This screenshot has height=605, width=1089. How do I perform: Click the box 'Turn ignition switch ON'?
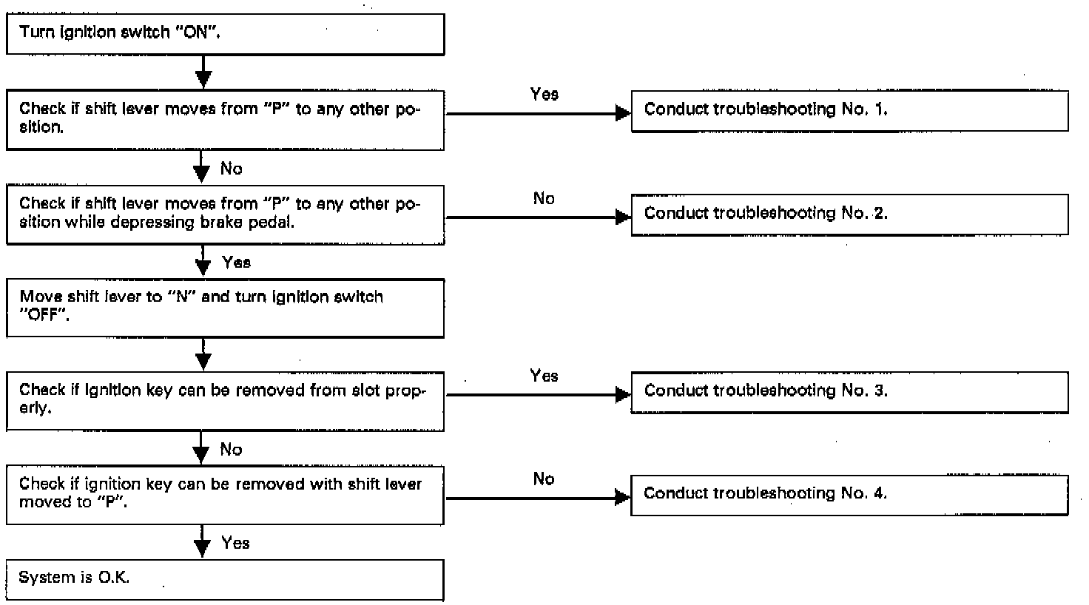click(225, 34)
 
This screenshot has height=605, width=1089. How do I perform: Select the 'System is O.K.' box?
click(225, 580)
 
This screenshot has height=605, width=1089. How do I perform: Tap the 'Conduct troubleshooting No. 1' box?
click(850, 111)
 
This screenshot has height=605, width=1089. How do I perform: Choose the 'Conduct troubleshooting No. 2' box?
click(850, 214)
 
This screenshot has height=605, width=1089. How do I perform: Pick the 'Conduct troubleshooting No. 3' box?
click(850, 393)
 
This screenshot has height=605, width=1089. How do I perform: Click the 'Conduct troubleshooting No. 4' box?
click(849, 496)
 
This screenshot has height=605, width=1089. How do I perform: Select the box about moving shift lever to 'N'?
click(225, 308)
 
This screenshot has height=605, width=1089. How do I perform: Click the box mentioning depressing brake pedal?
click(225, 214)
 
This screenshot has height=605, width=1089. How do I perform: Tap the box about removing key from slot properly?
click(225, 402)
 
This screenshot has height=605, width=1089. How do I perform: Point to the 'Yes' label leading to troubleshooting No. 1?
click(544, 94)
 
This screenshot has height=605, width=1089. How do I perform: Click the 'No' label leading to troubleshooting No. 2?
click(544, 198)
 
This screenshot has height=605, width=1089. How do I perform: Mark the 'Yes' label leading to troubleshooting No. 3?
click(544, 376)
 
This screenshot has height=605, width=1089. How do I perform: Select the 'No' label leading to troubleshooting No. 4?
click(544, 479)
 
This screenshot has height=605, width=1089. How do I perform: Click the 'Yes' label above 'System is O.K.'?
click(235, 542)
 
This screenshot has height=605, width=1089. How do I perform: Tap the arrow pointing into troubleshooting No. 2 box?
click(538, 217)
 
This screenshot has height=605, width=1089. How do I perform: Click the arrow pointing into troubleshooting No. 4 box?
click(538, 498)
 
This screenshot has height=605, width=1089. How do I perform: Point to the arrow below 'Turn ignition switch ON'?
click(203, 72)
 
